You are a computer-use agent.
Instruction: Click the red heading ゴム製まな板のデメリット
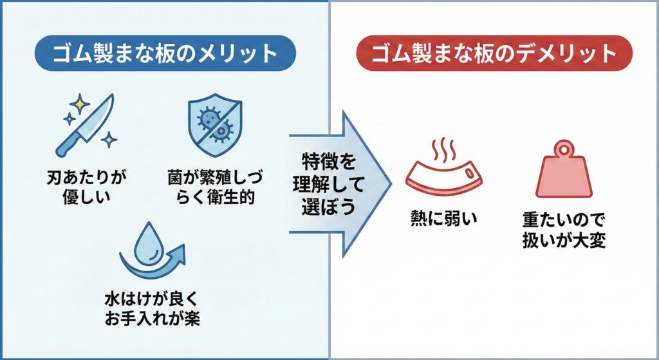click(x=494, y=53)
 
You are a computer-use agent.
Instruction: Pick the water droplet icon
click(x=149, y=244)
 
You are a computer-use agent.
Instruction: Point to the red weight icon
click(x=564, y=173)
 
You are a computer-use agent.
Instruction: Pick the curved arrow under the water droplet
click(x=154, y=267)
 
